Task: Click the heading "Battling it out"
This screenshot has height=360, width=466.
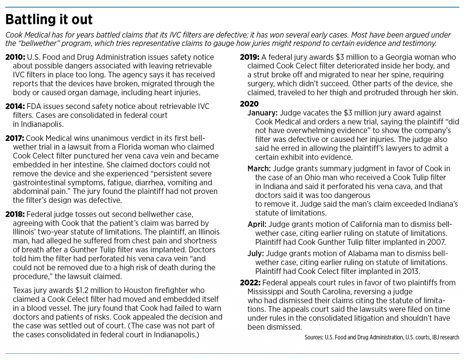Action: point(49,20)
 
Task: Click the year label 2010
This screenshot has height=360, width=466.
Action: point(15,57)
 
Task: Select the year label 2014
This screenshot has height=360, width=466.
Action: point(15,106)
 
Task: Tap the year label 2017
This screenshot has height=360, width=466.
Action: point(15,137)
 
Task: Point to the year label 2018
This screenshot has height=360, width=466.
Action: point(15,214)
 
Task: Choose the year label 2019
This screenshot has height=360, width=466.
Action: point(250,57)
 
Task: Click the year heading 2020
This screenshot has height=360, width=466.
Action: point(249,104)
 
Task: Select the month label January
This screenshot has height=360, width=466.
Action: point(263,113)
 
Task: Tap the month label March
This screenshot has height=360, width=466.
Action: point(259,169)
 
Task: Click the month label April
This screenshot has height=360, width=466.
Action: point(257,224)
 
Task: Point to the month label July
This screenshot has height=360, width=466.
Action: point(256,253)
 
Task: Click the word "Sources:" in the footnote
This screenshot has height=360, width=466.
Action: point(314,337)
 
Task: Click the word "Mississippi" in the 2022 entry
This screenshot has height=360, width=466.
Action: point(268,291)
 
